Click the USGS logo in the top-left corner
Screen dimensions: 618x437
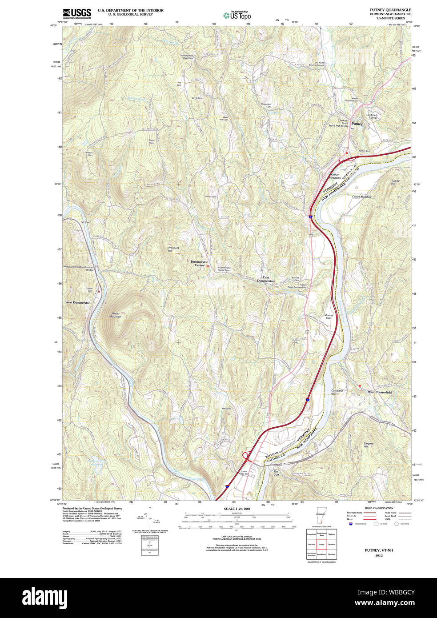(x=76, y=13)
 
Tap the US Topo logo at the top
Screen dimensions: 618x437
(x=237, y=16)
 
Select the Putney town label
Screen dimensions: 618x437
(x=357, y=124)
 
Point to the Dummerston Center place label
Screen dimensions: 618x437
(x=199, y=264)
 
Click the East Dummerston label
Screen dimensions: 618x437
(x=266, y=279)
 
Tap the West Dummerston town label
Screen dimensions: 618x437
(x=78, y=303)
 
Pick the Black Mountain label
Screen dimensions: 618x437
(x=116, y=315)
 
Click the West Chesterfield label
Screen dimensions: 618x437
(x=379, y=393)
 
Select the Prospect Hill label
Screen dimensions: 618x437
(x=173, y=249)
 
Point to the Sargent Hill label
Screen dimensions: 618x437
(x=369, y=445)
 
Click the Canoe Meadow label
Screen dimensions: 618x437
(x=361, y=197)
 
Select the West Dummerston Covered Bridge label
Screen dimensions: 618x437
(x=79, y=268)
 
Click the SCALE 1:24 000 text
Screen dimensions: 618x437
(x=237, y=509)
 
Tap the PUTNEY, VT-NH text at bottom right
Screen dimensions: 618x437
(x=379, y=550)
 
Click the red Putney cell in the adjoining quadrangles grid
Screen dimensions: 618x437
(x=321, y=544)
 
